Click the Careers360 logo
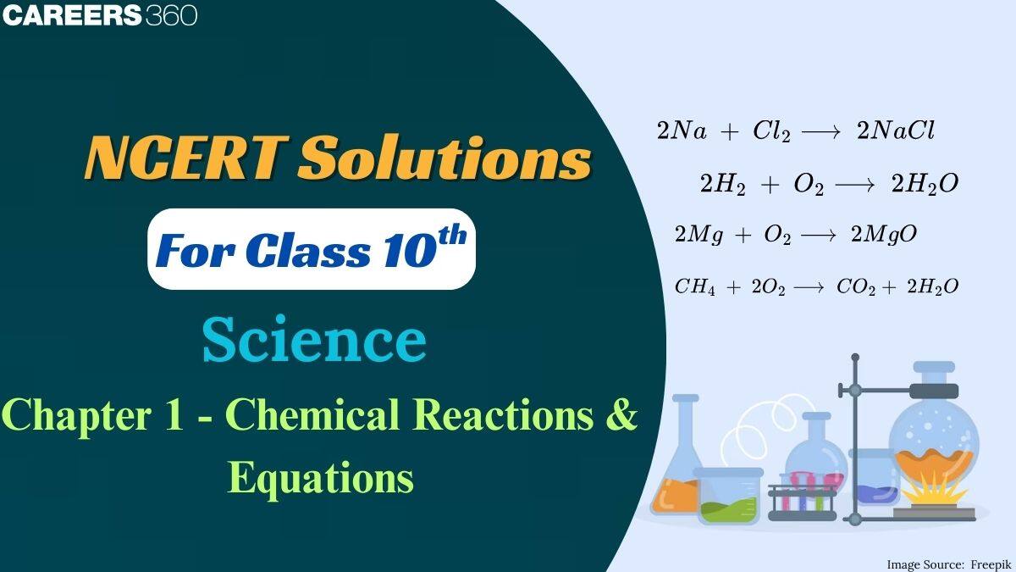[x=99, y=14]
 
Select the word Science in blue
[x=314, y=341]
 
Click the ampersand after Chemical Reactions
[x=622, y=416]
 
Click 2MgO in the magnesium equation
[x=883, y=234]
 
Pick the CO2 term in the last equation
[x=854, y=287]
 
